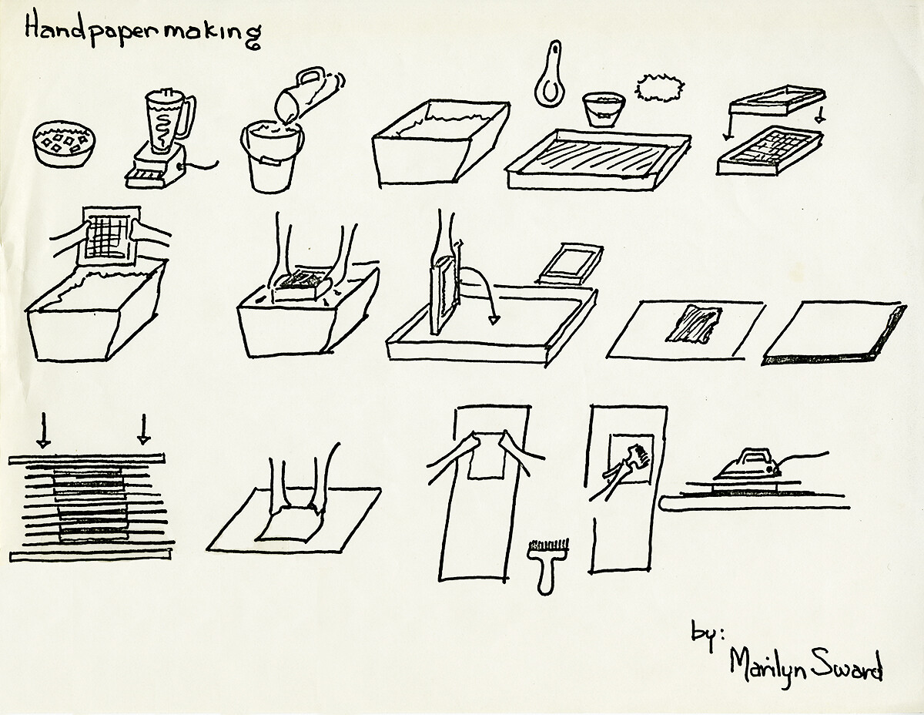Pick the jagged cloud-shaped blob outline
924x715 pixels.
pyautogui.click(x=660, y=88)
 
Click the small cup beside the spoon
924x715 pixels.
pyautogui.click(x=604, y=109)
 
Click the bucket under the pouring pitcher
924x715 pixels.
pyautogui.click(x=272, y=157)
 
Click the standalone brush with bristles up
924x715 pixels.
pyautogui.click(x=547, y=566)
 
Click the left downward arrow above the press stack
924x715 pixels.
pyautogui.click(x=43, y=430)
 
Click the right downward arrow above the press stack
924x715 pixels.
pyautogui.click(x=144, y=429)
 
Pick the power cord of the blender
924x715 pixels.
pyautogui.click(x=202, y=166)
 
